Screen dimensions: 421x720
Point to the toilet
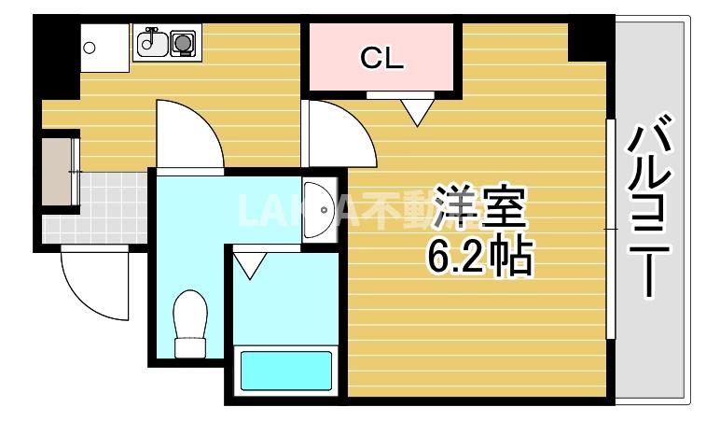point(190,322)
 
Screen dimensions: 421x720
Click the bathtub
point(286,371)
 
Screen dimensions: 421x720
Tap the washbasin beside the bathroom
point(319,209)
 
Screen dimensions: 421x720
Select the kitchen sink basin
point(151,41)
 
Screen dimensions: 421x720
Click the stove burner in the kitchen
point(183,42)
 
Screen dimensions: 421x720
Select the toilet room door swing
point(187,135)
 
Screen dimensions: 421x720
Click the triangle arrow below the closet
point(417,113)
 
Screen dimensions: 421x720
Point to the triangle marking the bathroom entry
point(248,265)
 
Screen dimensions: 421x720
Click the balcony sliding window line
point(611,229)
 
